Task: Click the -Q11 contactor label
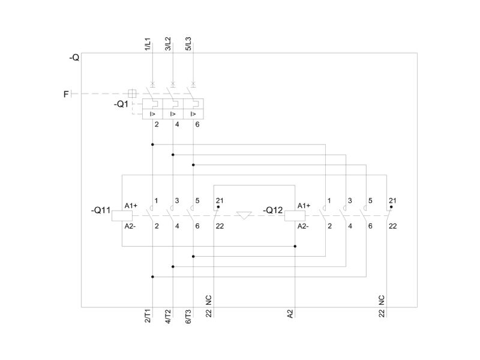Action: pyautogui.click(x=100, y=211)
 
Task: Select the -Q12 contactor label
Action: pyautogui.click(x=273, y=211)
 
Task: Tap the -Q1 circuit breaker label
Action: pyautogui.click(x=121, y=104)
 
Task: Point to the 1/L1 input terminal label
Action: pyautogui.click(x=148, y=44)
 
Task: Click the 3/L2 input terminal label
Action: pyautogui.click(x=168, y=44)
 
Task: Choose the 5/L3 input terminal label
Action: pyautogui.click(x=188, y=44)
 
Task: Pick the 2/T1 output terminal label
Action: pyautogui.click(x=148, y=316)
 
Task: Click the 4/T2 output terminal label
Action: pyautogui.click(x=168, y=316)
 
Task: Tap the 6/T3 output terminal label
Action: pyautogui.click(x=188, y=316)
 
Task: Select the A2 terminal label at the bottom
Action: pyautogui.click(x=290, y=314)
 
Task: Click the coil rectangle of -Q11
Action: pyautogui.click(x=122, y=216)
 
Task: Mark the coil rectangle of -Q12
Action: pyautogui.click(x=295, y=216)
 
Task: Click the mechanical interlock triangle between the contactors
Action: pyautogui.click(x=244, y=215)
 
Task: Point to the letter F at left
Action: pyautogui.click(x=66, y=94)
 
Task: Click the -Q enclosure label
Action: pyautogui.click(x=74, y=58)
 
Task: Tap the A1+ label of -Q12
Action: pyautogui.click(x=304, y=206)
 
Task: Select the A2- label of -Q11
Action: pyautogui.click(x=130, y=226)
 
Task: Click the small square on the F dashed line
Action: pyautogui.click(x=132, y=94)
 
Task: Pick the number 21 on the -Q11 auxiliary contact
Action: pyautogui.click(x=220, y=200)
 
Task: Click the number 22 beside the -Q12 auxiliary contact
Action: pyautogui.click(x=392, y=226)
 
